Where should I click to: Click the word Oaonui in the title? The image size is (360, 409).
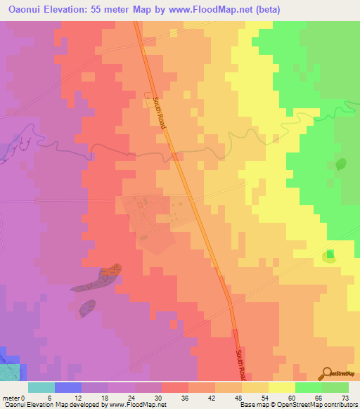click(x=25, y=10)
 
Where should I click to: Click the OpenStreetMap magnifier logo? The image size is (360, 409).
click(x=328, y=374)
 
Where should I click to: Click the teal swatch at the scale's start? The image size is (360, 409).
click(x=41, y=387)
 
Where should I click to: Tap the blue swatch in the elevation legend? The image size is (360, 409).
click(x=68, y=387)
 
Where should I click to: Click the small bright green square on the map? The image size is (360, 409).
click(x=330, y=254)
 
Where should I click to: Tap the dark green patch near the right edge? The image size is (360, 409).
click(x=341, y=164)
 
